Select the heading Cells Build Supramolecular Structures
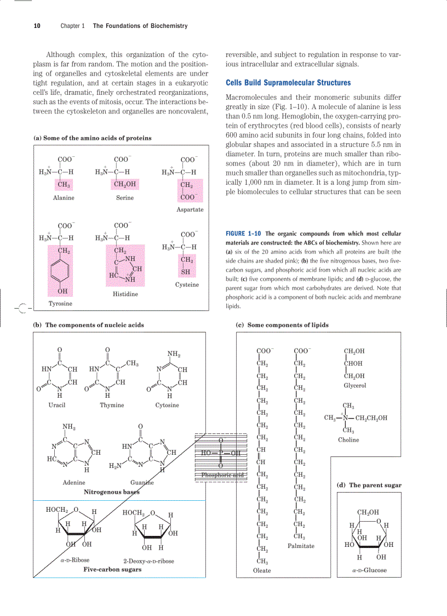tap(288, 83)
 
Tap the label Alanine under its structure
tap(64, 198)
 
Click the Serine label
tap(125, 198)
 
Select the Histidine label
tap(125, 295)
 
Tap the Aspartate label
tap(190, 210)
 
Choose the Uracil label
tap(57, 405)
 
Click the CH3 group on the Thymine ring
tap(132, 363)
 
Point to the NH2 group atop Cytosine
tap(174, 354)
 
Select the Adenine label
tap(74, 483)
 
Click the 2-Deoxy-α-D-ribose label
tap(148, 561)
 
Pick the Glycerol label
tap(355, 386)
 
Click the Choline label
tap(348, 440)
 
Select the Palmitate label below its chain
tap(301, 546)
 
